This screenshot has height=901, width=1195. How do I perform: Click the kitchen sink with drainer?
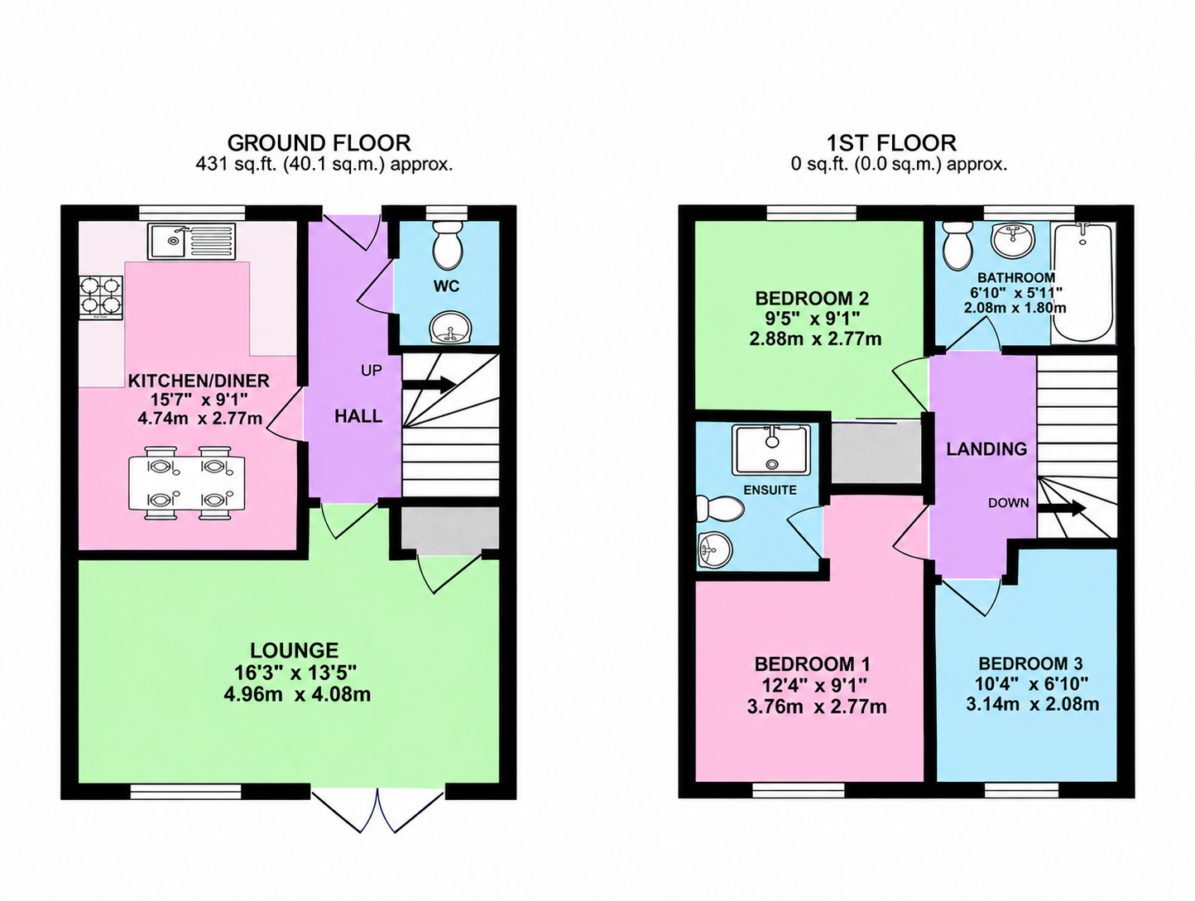pyautogui.click(x=191, y=241)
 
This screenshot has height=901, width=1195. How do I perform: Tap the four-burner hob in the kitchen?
pyautogui.click(x=101, y=298)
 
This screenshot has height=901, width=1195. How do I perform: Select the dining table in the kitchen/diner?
pyautogui.click(x=187, y=483)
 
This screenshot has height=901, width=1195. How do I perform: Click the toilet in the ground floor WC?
pyautogui.click(x=448, y=247)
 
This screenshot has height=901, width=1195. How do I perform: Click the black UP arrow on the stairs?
pyautogui.click(x=429, y=385)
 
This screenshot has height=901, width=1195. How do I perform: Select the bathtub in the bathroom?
pyautogui.click(x=1082, y=283)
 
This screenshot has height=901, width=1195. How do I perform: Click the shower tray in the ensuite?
pyautogui.click(x=771, y=450)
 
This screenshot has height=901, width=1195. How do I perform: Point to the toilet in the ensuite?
pyautogui.click(x=720, y=510)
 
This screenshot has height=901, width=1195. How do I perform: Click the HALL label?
pyautogui.click(x=358, y=417)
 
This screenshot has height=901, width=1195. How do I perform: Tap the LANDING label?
pyautogui.click(x=986, y=449)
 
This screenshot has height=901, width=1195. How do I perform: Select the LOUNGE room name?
pyautogui.click(x=294, y=650)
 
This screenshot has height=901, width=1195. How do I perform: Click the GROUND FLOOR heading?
pyautogui.click(x=319, y=143)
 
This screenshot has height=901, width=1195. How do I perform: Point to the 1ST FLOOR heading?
pyautogui.click(x=892, y=143)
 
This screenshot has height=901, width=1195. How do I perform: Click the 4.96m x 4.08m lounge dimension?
pyautogui.click(x=297, y=694)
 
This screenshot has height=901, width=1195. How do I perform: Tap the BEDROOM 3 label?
pyautogui.click(x=1030, y=664)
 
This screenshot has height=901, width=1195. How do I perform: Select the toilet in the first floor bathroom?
pyautogui.click(x=958, y=247)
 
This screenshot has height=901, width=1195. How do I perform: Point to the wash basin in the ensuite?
pyautogui.click(x=715, y=551)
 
